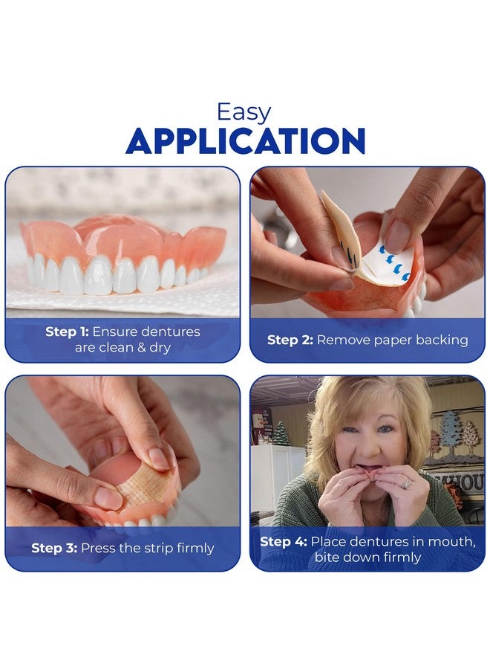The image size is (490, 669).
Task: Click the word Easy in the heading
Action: pyautogui.click(x=244, y=112)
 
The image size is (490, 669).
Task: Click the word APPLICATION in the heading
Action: pyautogui.click(x=245, y=141)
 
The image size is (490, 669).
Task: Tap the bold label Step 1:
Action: pyautogui.click(x=67, y=332)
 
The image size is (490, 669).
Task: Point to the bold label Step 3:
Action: pyautogui.click(x=53, y=548)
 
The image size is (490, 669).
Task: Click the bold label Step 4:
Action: pyautogui.click(x=283, y=541)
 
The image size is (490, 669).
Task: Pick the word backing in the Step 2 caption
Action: pyautogui.click(x=442, y=340)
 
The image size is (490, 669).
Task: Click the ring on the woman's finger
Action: pyautogui.click(x=406, y=483)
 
